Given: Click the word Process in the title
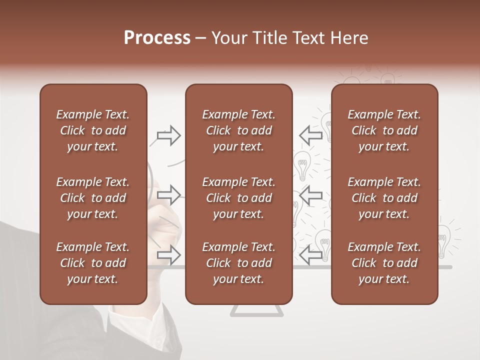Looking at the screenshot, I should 157,38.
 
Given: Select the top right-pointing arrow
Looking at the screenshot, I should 169,135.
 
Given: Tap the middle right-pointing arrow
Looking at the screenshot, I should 169,195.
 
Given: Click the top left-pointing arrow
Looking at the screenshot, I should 310,135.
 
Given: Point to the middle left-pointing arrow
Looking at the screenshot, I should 310,195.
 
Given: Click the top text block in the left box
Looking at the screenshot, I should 93,130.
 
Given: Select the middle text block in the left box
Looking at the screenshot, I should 93,198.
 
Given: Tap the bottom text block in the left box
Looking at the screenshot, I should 93,263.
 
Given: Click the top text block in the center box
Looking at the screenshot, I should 238,130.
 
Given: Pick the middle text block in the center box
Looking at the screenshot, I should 238,198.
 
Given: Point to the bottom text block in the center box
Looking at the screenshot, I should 238,263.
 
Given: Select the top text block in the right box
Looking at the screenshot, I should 384,130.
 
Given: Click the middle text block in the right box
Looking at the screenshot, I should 384,198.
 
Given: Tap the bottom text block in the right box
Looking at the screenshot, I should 384,263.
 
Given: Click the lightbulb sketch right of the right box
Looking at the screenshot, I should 443,240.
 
